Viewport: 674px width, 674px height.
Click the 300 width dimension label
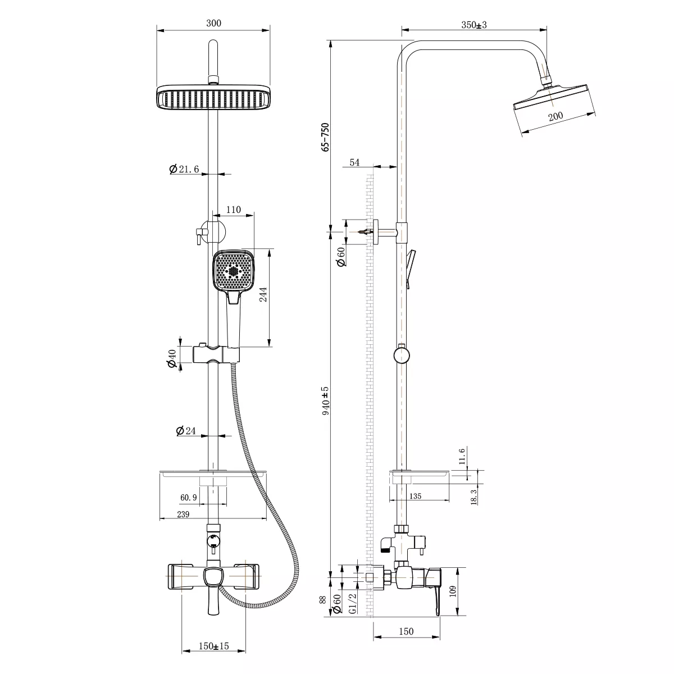coord(213,23)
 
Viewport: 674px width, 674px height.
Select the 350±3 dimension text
coord(474,25)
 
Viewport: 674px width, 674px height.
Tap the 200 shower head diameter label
coord(555,116)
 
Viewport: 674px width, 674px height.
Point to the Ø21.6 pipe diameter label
coord(184,169)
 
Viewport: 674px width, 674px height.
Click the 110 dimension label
coord(233,210)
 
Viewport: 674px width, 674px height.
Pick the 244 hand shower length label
coord(263,294)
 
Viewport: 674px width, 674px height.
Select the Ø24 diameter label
coord(186,431)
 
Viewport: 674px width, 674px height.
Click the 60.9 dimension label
coord(189,498)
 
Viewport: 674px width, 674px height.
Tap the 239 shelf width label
coord(183,514)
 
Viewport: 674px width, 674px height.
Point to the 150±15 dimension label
coord(213,646)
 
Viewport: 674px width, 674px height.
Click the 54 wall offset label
coord(354,162)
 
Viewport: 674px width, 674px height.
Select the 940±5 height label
coord(325,401)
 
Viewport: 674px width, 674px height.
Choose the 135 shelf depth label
coord(415,496)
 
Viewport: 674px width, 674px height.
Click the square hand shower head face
coord(233,270)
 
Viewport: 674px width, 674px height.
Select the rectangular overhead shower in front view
coord(213,97)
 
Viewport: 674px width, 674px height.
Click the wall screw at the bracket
coord(366,231)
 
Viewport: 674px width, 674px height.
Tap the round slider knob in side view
coord(401,355)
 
